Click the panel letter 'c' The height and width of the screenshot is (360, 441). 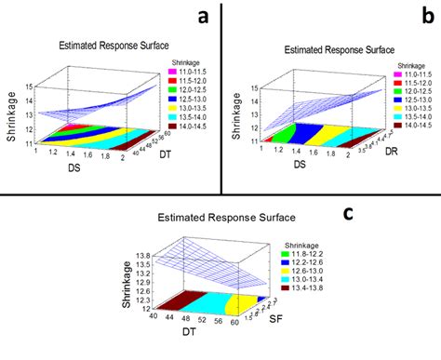(347, 213)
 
